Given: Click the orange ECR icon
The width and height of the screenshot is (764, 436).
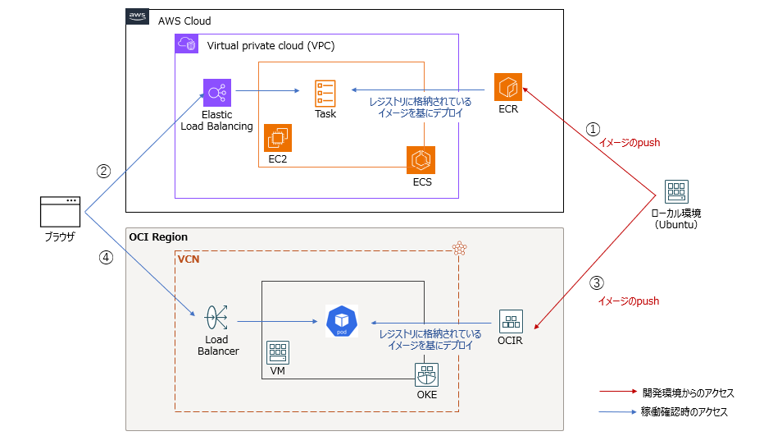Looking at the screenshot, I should (x=508, y=87).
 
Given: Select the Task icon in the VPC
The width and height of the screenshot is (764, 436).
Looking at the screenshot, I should (x=325, y=93).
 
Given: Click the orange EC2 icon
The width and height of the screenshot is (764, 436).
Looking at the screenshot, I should (x=278, y=138).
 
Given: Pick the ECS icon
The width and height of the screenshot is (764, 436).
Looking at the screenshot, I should (x=421, y=160).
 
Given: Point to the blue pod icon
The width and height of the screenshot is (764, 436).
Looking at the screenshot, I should (x=341, y=320).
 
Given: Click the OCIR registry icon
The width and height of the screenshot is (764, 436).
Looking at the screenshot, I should (x=512, y=321).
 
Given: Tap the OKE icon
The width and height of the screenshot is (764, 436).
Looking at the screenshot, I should (x=426, y=374).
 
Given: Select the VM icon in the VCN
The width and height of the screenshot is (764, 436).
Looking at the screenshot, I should (x=278, y=354).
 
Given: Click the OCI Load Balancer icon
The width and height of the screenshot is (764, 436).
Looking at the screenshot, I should (x=217, y=315).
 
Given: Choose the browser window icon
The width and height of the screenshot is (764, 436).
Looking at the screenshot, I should (x=60, y=212).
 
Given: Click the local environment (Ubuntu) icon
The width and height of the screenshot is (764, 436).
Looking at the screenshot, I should (x=676, y=192).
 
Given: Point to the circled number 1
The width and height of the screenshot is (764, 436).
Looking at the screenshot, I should (x=593, y=129).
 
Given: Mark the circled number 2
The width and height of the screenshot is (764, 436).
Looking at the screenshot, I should (x=104, y=172).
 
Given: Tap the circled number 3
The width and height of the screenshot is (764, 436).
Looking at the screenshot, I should (x=597, y=283).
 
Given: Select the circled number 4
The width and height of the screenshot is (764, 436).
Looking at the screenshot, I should (x=105, y=257).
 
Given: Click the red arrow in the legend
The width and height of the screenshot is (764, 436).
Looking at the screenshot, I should (x=618, y=392).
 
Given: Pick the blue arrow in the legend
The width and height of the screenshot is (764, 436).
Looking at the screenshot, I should (x=618, y=411).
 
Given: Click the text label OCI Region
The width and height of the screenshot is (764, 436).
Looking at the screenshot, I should (x=158, y=237).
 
